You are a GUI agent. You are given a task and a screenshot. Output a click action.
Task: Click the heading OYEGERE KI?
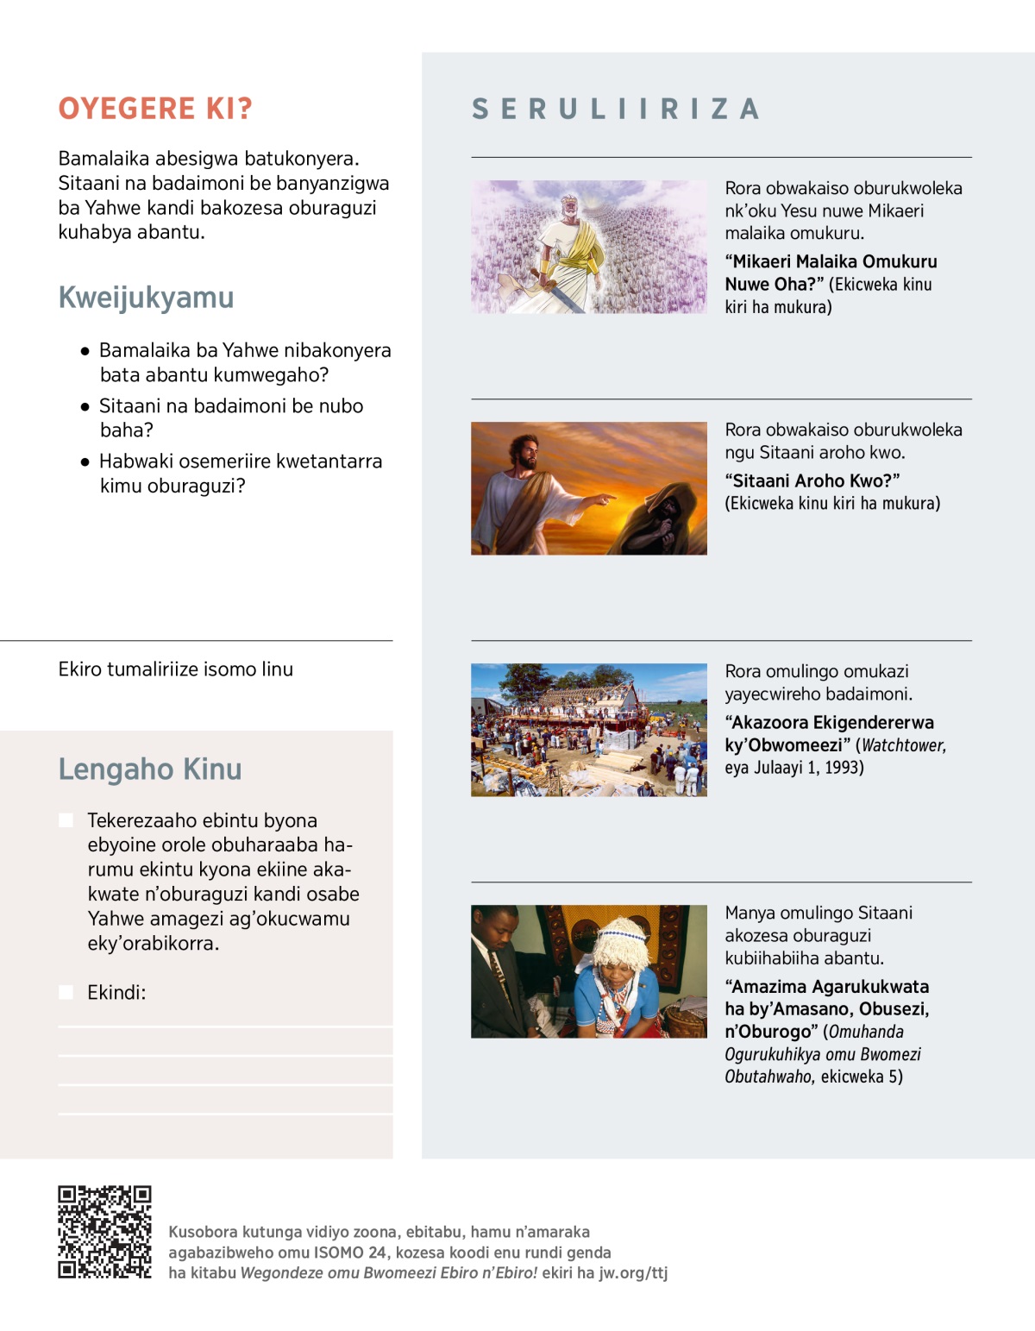pyautogui.click(x=155, y=109)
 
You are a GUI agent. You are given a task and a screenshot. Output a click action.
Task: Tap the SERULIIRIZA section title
pyautogui.click(x=616, y=110)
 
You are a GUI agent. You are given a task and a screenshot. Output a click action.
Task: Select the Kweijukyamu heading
pyautogui.click(x=146, y=298)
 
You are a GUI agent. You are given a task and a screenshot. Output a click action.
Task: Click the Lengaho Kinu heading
pyautogui.click(x=149, y=769)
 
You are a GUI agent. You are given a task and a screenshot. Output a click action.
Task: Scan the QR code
pyautogui.click(x=104, y=1232)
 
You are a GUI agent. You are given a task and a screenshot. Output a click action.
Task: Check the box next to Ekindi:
pyautogui.click(x=66, y=992)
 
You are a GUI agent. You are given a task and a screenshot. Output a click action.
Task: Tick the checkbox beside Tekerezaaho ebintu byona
pyautogui.click(x=66, y=820)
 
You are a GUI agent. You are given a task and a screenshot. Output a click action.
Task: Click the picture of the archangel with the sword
pyautogui.click(x=588, y=247)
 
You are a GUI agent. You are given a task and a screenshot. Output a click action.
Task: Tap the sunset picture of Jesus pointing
pyautogui.click(x=588, y=488)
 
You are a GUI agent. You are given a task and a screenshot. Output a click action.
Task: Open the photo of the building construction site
pyautogui.click(x=588, y=730)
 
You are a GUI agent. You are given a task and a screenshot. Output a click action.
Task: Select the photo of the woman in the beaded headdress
pyautogui.click(x=588, y=971)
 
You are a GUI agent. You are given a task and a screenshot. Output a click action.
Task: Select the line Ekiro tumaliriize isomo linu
pyautogui.click(x=176, y=669)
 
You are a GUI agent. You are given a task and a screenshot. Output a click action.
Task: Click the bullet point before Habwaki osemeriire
pyautogui.click(x=85, y=462)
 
